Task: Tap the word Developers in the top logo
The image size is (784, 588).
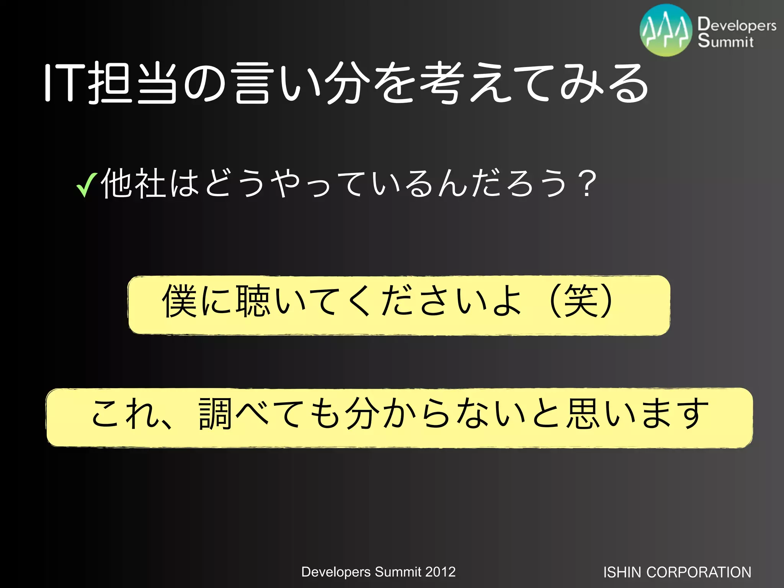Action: pos(737,25)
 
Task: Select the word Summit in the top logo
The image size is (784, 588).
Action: pos(725,41)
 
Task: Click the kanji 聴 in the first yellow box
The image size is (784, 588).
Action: pos(253,301)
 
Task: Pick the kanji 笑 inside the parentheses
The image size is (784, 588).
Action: pos(581,301)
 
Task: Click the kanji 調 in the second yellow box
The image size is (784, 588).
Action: pos(215,414)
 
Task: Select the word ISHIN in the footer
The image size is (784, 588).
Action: pos(622,572)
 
